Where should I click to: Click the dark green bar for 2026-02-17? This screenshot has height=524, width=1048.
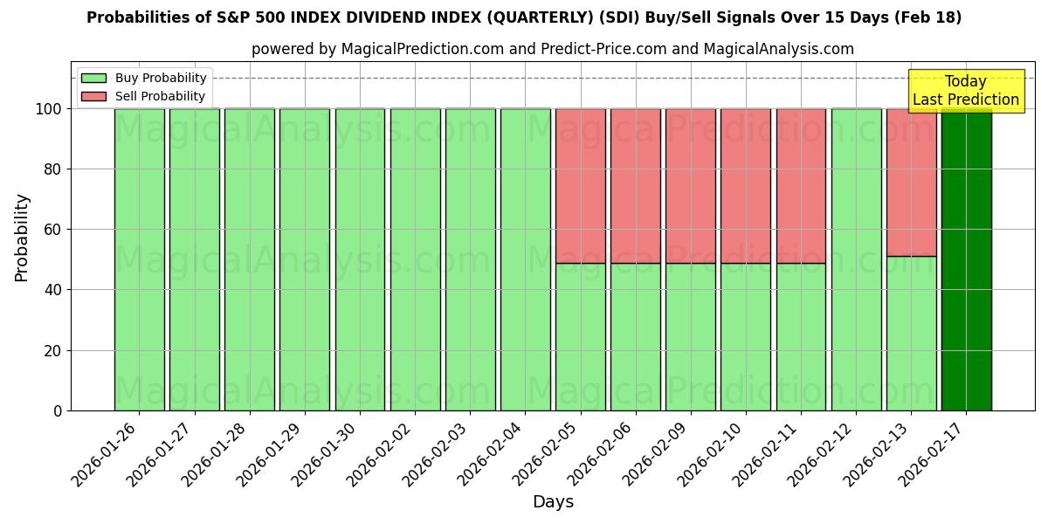pyautogui.click(x=966, y=262)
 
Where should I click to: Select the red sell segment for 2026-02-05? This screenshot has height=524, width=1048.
pyautogui.click(x=580, y=185)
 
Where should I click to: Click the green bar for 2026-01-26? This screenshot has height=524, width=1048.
pyautogui.click(x=139, y=259)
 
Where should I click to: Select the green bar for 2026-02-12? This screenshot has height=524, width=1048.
pyautogui.click(x=856, y=259)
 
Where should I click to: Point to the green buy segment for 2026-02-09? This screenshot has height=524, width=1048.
pyautogui.click(x=690, y=336)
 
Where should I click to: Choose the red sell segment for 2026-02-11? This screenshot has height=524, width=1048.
pyautogui.click(x=801, y=185)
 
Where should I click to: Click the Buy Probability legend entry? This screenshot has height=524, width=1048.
pyautogui.click(x=143, y=79)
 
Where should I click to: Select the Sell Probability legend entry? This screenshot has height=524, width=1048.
pyautogui.click(x=143, y=97)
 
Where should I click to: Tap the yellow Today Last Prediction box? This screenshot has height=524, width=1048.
pyautogui.click(x=965, y=91)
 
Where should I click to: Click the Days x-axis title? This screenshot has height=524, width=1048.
pyautogui.click(x=553, y=502)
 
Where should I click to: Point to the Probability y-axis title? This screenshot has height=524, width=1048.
pyautogui.click(x=22, y=238)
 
